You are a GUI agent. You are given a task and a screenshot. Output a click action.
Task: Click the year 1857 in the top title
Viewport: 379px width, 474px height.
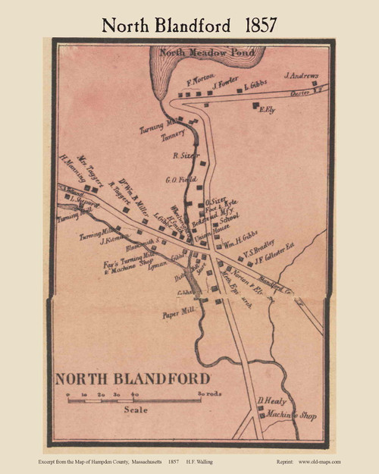(x=259, y=24)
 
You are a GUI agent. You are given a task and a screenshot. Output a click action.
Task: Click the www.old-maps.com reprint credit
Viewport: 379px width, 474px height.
(x=318, y=461)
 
